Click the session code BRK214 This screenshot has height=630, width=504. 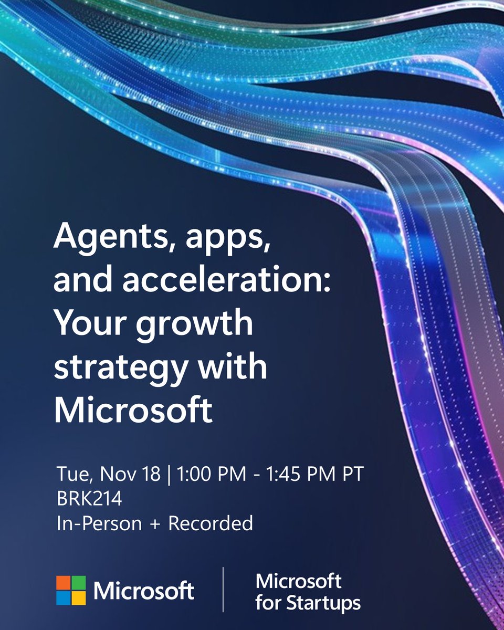click(x=89, y=498)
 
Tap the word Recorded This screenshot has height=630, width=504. click(x=211, y=523)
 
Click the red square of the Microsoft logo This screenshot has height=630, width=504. click(x=64, y=583)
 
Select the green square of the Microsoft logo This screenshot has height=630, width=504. click(x=78, y=583)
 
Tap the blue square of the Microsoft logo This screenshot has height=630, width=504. click(x=64, y=597)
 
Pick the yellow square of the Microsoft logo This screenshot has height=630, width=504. click(x=78, y=597)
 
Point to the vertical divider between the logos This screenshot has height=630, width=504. click(x=223, y=590)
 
